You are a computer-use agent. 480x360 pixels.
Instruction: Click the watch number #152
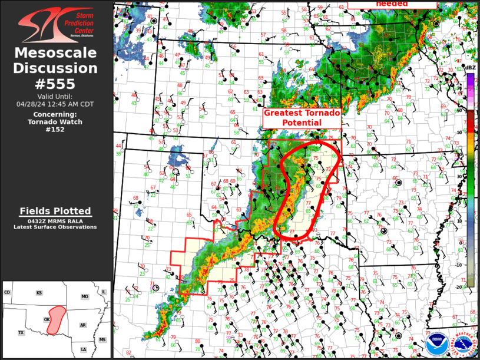pyautogui.click(x=56, y=129)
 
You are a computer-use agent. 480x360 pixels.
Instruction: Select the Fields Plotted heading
pyautogui.click(x=55, y=211)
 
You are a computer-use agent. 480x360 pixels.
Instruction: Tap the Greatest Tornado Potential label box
pyautogui.click(x=301, y=118)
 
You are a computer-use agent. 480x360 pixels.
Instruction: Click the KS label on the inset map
pyautogui.click(x=39, y=293)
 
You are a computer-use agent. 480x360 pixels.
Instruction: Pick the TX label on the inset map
pyautogui.click(x=21, y=333)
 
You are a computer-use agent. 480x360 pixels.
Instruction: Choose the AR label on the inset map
pyautogui.click(x=84, y=325)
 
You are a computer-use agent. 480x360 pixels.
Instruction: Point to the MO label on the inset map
pyautogui.click(x=85, y=296)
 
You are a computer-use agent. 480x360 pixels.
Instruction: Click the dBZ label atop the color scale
pyautogui.click(x=471, y=68)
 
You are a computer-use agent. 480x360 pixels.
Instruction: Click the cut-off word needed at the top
pyautogui.click(x=392, y=3)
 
